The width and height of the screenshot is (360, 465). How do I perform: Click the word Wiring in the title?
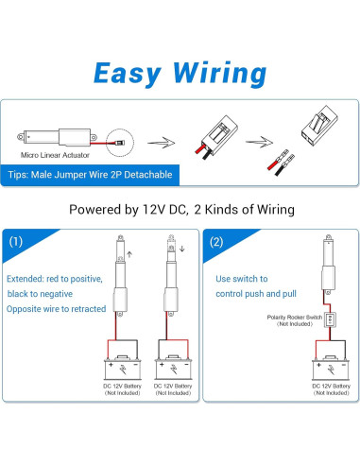pos(220,74)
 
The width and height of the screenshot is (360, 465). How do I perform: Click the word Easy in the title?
pos(128,74)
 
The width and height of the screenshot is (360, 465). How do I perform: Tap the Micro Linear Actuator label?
pos(55,155)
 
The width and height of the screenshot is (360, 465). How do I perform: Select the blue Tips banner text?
pos(90,175)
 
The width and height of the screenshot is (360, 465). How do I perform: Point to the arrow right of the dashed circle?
pos(162,143)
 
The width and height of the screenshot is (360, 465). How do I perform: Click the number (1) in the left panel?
pos(16,242)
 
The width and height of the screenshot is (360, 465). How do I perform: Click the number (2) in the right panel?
pos(216,242)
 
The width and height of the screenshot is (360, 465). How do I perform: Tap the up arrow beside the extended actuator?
pos(129,254)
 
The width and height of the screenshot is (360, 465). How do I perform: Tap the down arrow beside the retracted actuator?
pos(181,249)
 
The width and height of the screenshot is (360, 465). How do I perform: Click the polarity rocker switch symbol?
pos(330,319)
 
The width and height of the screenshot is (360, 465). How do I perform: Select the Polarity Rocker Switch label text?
pos(295,320)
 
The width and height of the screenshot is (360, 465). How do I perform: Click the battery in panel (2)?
pos(331,368)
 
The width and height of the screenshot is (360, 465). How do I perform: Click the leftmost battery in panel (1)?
pos(123,368)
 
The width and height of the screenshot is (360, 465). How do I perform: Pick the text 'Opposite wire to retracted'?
pos(56,309)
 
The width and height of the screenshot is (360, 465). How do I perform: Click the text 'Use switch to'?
pos(242,279)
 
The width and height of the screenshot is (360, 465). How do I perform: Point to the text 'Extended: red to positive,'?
pos(55,279)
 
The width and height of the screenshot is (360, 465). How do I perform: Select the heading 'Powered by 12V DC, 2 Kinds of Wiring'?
pos(181,210)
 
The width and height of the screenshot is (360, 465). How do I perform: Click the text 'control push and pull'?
pos(256,294)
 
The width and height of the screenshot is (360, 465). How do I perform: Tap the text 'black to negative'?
pos(40,294)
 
